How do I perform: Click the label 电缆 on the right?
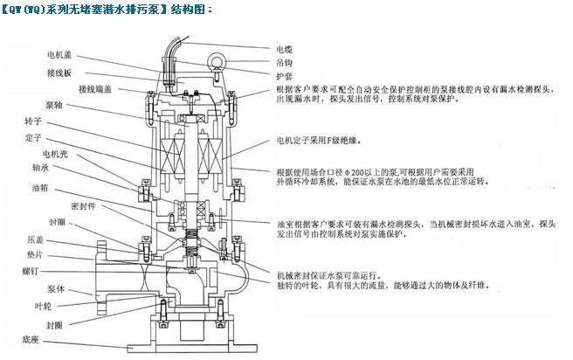[286, 49]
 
